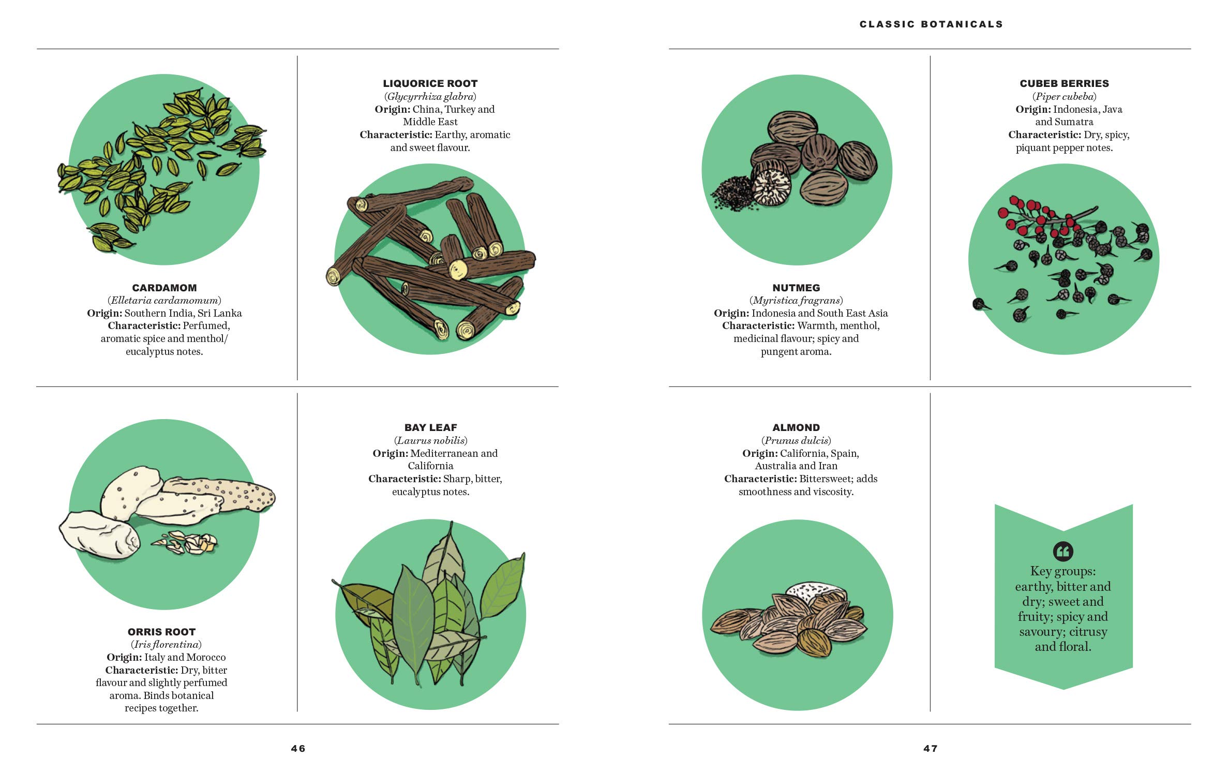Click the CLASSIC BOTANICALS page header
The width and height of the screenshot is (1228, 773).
click(931, 24)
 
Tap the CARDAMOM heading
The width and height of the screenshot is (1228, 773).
click(164, 288)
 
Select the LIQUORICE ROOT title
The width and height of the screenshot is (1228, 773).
click(430, 83)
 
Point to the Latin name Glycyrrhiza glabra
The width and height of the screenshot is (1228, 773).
click(430, 96)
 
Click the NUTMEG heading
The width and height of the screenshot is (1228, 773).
click(796, 288)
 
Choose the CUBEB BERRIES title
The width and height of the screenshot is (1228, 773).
click(1065, 83)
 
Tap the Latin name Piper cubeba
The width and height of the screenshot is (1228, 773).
click(1065, 96)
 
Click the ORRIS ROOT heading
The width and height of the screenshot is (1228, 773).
click(161, 632)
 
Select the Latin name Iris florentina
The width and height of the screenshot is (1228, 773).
click(166, 644)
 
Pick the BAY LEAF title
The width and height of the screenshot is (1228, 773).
click(431, 427)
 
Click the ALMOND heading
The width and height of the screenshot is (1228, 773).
click(796, 427)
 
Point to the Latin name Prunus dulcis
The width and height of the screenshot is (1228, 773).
click(796, 440)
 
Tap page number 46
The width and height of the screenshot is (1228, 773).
click(298, 748)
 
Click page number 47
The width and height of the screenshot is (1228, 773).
click(931, 748)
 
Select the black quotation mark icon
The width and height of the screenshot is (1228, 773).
click(1063, 551)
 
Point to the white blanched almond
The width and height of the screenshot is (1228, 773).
click(816, 590)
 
